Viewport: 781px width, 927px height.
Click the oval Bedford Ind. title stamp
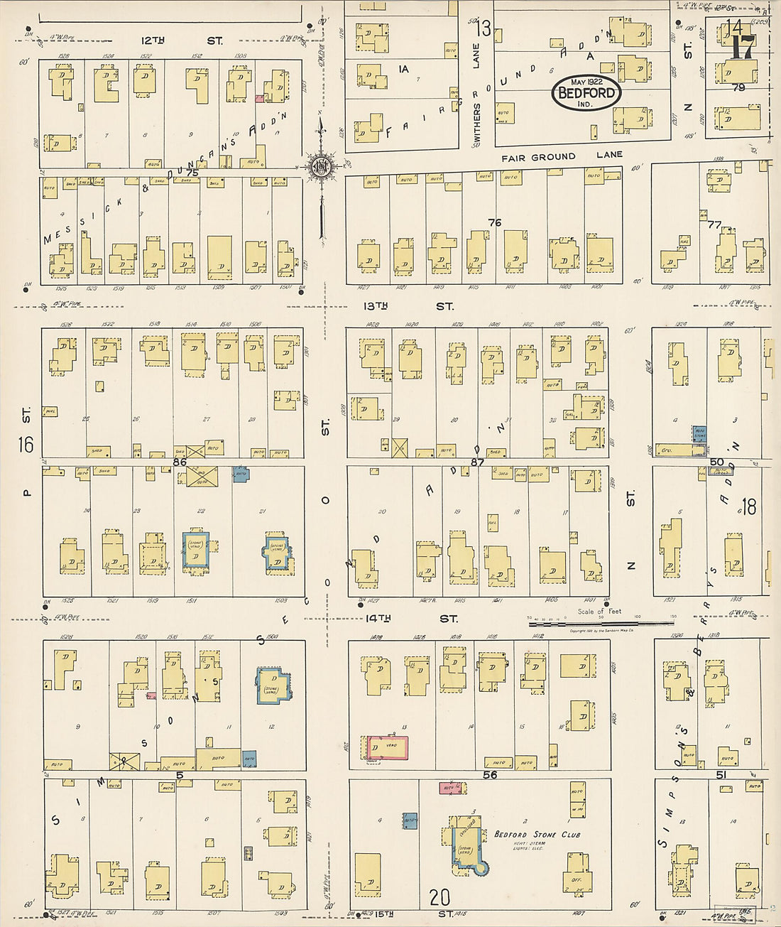click(x=586, y=92)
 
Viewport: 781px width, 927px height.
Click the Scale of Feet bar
click(x=600, y=623)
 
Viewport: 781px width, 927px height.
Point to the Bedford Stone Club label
click(x=537, y=834)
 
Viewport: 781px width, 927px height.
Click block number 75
click(x=192, y=173)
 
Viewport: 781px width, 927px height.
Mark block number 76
click(x=494, y=222)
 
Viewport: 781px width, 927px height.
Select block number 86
click(x=179, y=462)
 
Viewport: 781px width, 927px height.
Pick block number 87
click(x=477, y=462)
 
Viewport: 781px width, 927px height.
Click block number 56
click(x=489, y=774)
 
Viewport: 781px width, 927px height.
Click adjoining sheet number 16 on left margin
click(x=26, y=445)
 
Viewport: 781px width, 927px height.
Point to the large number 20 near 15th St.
click(x=439, y=898)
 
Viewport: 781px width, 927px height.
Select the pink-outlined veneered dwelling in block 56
click(x=388, y=748)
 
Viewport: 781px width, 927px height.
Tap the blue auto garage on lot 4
click(x=410, y=821)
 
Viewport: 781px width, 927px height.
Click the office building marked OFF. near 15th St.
click(x=577, y=873)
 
